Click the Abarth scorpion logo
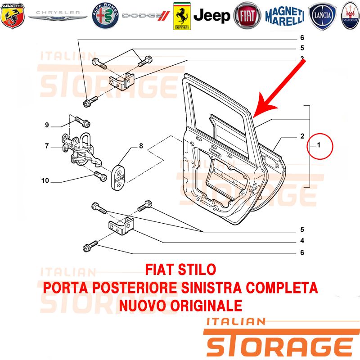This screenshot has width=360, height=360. click(13, 16)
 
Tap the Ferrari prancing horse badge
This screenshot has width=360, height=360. click(182, 16)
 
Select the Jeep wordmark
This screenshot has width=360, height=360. click(211, 16)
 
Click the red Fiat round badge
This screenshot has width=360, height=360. click(247, 16)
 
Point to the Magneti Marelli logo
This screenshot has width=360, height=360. click(285, 16)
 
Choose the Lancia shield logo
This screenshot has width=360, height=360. click(322, 16)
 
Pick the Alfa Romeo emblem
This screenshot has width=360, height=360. click(105, 16)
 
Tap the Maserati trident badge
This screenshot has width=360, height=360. click(351, 16)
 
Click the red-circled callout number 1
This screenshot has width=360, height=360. click(319, 145)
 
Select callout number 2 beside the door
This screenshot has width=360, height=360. click(302, 136)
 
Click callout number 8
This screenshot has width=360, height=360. click(141, 146)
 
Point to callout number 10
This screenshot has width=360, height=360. click(45, 181)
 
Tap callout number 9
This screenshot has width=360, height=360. click(47, 125)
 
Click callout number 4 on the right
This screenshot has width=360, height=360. click(302, 241)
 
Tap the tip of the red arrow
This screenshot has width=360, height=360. click(253, 118)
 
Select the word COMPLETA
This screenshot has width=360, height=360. click(282, 288)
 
